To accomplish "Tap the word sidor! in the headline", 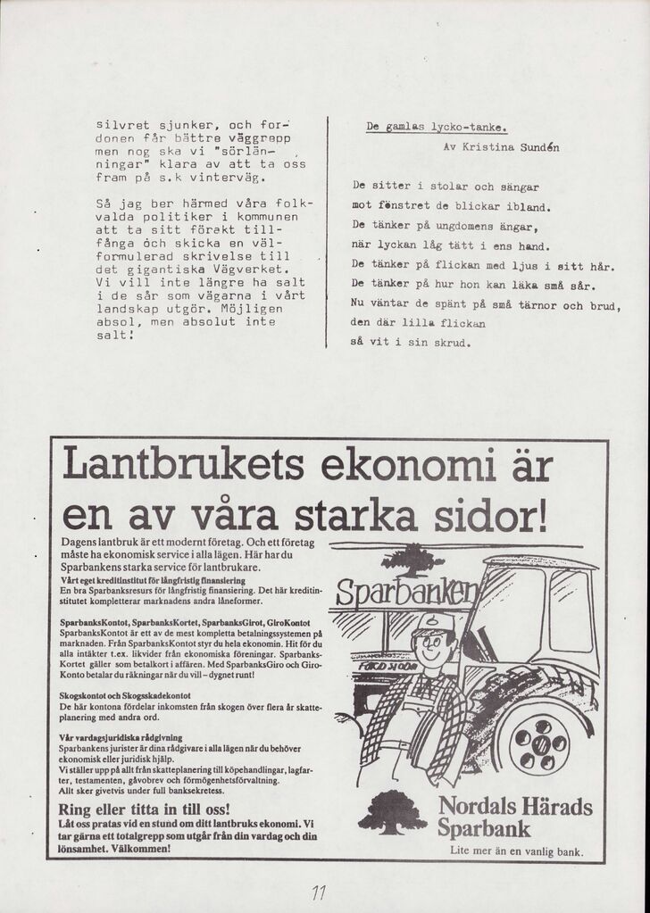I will point(486,516).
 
